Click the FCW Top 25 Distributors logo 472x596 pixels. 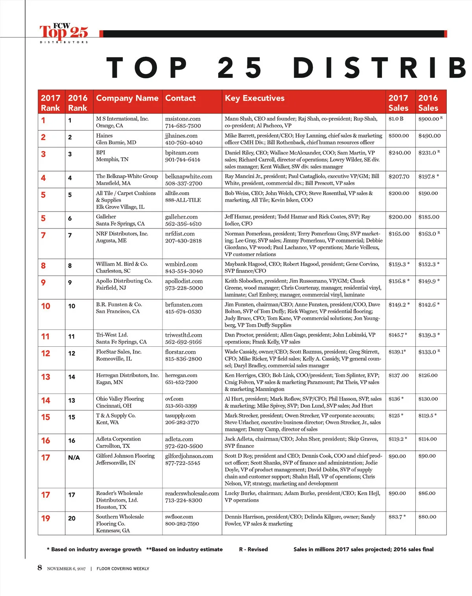[64, 33]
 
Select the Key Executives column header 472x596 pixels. [254, 98]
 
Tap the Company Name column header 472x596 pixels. [127, 98]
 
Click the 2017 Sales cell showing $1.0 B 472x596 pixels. [396, 119]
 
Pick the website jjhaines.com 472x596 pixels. [181, 136]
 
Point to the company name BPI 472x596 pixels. [101, 153]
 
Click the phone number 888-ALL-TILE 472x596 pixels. [183, 200]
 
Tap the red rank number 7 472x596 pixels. [43, 235]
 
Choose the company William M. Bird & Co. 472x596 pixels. [122, 264]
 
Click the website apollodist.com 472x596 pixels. [184, 281]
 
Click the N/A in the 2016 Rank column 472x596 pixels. [74, 458]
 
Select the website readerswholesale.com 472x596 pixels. [192, 493]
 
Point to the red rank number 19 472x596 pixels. [46, 518]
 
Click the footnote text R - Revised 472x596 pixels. [253, 549]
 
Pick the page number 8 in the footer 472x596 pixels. [40, 567]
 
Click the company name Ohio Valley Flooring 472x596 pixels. [120, 399]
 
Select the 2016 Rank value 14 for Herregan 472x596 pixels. [72, 377]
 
